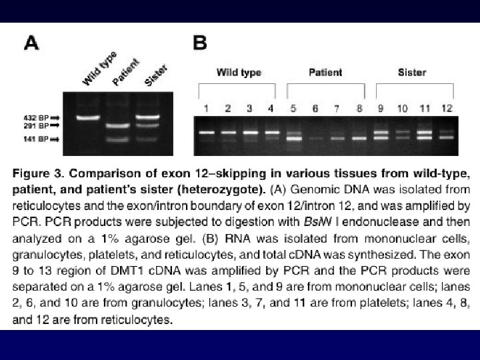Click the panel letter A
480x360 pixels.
tap(31, 43)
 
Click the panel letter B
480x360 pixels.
tap(200, 43)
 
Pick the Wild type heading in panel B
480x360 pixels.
tap(239, 72)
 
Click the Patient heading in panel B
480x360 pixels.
tap(327, 72)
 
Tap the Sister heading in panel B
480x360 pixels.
tap(412, 72)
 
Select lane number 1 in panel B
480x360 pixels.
tap(207, 108)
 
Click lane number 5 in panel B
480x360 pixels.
tap(292, 108)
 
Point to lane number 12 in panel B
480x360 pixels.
tap(447, 108)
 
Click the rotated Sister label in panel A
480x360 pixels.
tap(156, 75)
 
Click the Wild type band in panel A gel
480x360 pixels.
tap(88, 119)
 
